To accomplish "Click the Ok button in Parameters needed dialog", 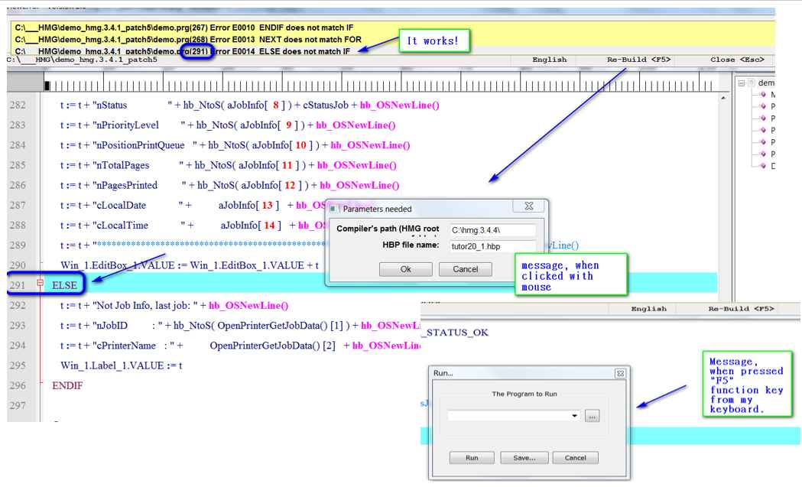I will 406,269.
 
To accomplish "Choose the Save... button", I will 524,458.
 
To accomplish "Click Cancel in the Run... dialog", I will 574,458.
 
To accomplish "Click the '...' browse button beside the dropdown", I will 593,415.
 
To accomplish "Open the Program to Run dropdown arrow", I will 574,415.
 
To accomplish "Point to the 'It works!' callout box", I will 433,41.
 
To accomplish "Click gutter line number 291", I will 18,284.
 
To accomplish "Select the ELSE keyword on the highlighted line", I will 66,284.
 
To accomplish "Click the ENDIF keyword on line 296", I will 67,385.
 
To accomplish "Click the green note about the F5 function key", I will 745,385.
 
